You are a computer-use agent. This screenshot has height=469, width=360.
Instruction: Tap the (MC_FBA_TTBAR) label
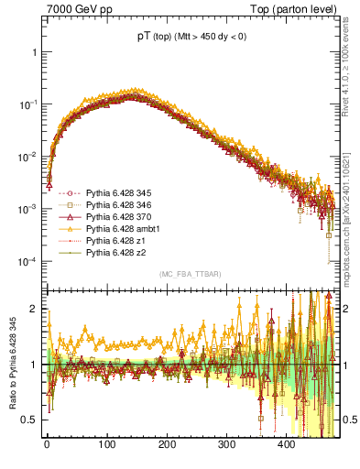(182, 275)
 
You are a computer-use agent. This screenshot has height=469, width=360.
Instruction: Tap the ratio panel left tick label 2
(32, 309)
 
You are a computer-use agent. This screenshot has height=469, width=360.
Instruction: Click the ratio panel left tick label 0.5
(27, 420)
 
